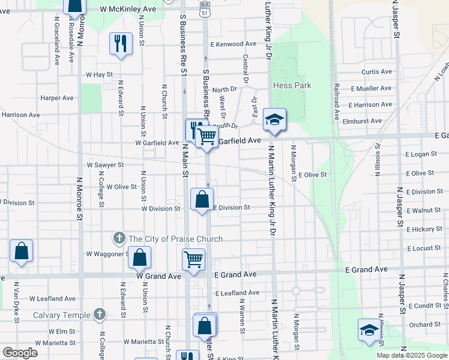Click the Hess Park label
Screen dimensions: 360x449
point(292,85)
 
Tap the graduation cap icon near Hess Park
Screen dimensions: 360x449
point(274,119)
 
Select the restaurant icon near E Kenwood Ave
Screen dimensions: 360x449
point(121,43)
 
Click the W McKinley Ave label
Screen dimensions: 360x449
point(128,10)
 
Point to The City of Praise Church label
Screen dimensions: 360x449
point(175,239)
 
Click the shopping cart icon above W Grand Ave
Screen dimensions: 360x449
point(194,260)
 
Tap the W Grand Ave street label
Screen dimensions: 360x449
point(158,277)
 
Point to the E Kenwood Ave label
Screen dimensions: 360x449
point(234,44)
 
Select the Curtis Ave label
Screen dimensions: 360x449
point(378,72)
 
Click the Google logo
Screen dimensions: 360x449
point(20,353)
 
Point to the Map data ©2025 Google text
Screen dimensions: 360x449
point(411,355)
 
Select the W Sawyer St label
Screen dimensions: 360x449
point(105,164)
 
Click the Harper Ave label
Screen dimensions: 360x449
point(56,98)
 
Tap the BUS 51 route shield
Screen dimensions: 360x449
point(206,10)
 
